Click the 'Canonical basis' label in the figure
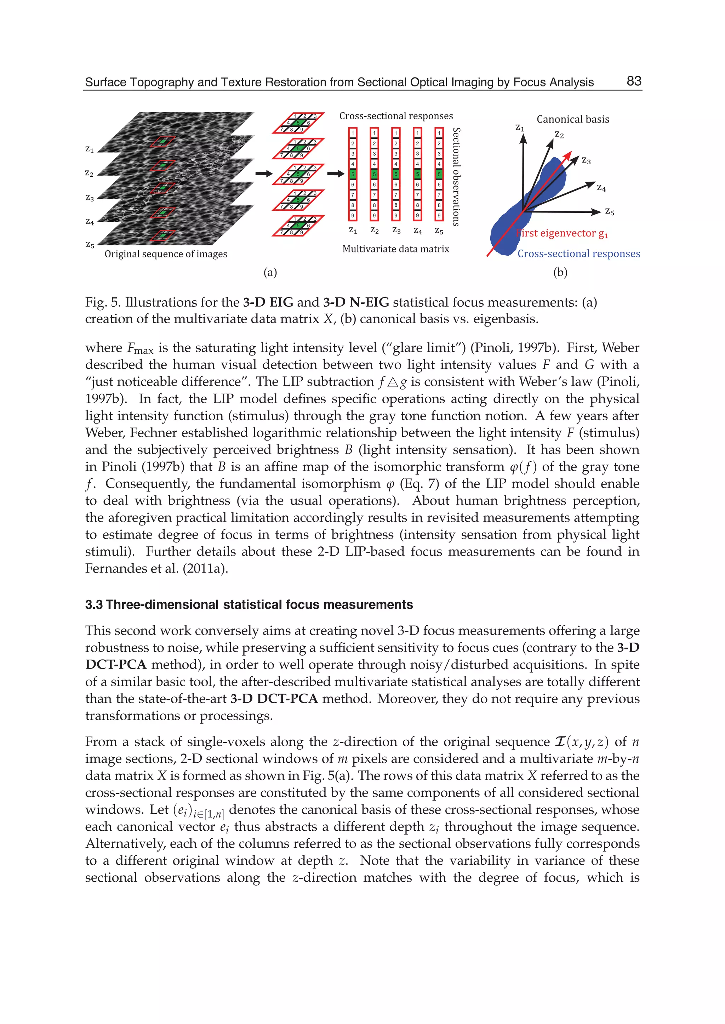[x=572, y=119]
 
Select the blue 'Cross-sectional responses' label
[x=578, y=254]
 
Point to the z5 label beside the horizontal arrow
[x=609, y=212]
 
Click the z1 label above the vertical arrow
[x=520, y=128]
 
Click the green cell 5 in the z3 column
[x=395, y=174]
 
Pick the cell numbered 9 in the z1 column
[x=353, y=215]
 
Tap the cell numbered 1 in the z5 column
[x=439, y=133]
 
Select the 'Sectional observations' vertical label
[x=456, y=177]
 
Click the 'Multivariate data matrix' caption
[x=395, y=249]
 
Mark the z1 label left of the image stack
[x=90, y=149]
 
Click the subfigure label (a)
[x=270, y=272]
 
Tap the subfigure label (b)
[x=560, y=272]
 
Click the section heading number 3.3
[x=94, y=605]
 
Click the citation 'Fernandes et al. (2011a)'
[x=156, y=569]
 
